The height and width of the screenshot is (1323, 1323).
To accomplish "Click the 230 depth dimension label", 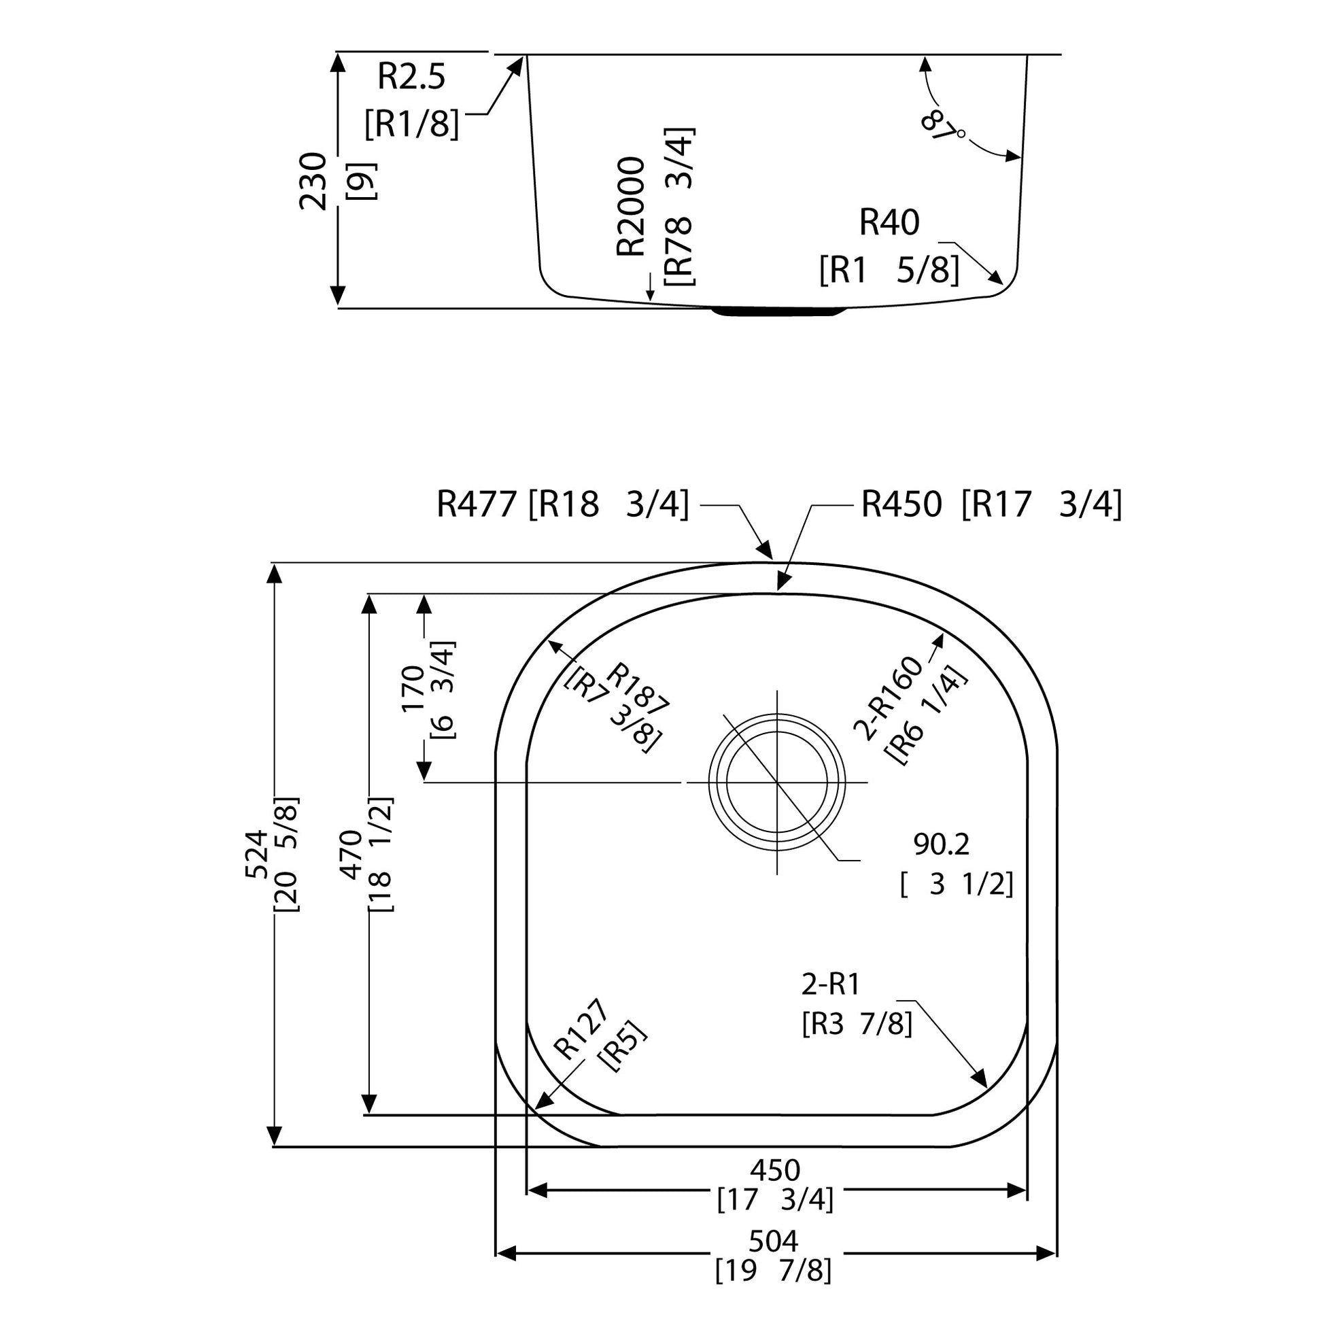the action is pos(313,182).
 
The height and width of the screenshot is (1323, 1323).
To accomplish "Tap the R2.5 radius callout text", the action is pos(411,77).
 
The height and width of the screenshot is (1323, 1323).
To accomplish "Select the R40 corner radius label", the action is pos(889,222).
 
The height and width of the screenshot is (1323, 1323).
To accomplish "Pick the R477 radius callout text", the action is pos(476,504).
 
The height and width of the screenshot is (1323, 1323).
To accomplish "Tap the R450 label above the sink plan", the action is pos(902,504).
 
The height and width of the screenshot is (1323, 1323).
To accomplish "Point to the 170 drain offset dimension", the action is pos(413,688).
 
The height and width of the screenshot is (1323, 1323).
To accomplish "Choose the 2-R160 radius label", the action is pos(888,699).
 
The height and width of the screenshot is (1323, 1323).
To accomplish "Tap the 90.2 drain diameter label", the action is pos(942,845).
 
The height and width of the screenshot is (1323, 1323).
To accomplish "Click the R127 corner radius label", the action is pos(580,1029).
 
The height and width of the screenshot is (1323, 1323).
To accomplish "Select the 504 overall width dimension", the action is pos(774,1241).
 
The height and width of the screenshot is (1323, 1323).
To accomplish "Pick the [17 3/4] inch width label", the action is pos(775,1200).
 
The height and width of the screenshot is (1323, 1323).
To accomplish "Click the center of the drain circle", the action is pos(776,781).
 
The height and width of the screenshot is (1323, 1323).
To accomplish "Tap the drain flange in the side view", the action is pos(778,311).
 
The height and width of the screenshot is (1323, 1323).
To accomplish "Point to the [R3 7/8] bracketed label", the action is pos(857,1025).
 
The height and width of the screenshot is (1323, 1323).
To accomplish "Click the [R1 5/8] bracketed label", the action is pos(889,271).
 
